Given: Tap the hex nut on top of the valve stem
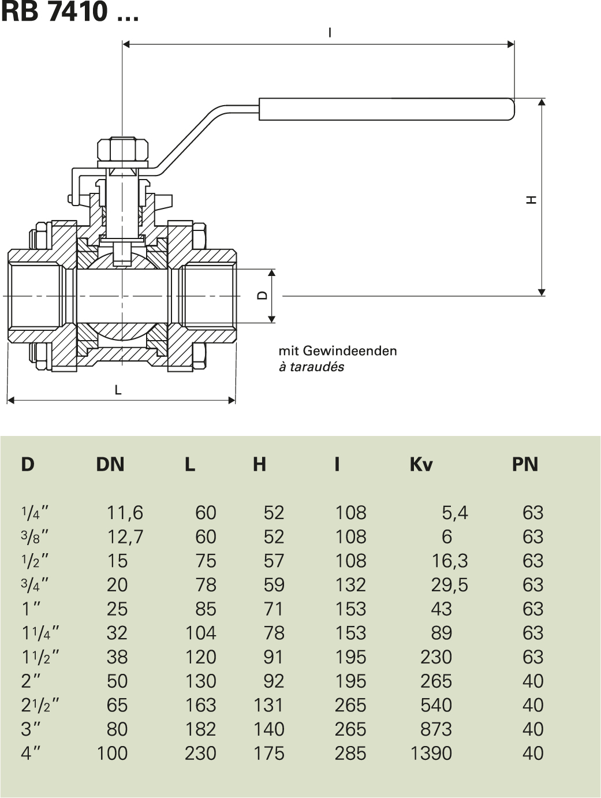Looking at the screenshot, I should pyautogui.click(x=123, y=151).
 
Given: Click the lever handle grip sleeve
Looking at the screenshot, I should pyautogui.click(x=386, y=110).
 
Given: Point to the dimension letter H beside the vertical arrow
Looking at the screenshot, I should pyautogui.click(x=532, y=200).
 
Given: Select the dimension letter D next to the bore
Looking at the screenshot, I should pyautogui.click(x=262, y=295).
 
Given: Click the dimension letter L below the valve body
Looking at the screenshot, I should pyautogui.click(x=118, y=390).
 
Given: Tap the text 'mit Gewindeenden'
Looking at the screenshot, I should pyautogui.click(x=337, y=350).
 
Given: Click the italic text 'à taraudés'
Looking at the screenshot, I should pyautogui.click(x=311, y=367).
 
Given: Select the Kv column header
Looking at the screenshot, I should pyautogui.click(x=421, y=464).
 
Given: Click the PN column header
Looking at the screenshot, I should pyautogui.click(x=524, y=464).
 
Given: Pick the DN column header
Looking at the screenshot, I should pyautogui.click(x=110, y=464).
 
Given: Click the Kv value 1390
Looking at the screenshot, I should pyautogui.click(x=431, y=753).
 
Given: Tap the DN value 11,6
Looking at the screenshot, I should pyautogui.click(x=125, y=512).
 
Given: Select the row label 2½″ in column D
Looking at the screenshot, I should pyautogui.click(x=40, y=705).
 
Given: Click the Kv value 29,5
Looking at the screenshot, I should pyautogui.click(x=449, y=584).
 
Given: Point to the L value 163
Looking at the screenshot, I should pyautogui.click(x=200, y=705).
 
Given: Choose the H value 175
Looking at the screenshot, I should pyautogui.click(x=268, y=753).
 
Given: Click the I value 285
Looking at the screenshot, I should pyautogui.click(x=350, y=753).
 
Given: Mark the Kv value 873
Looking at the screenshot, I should pyautogui.click(x=436, y=729).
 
